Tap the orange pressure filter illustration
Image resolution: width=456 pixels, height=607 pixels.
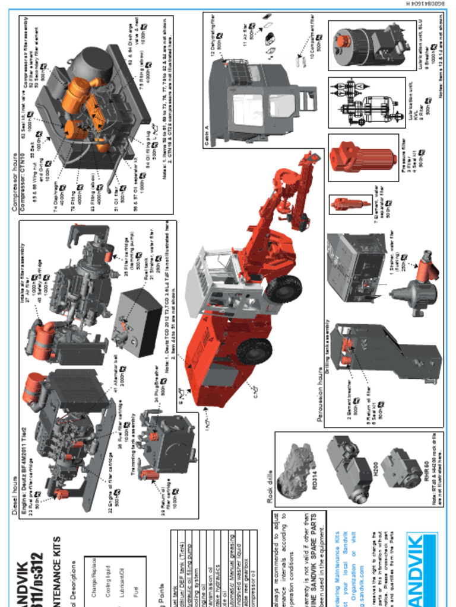click(363, 156)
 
